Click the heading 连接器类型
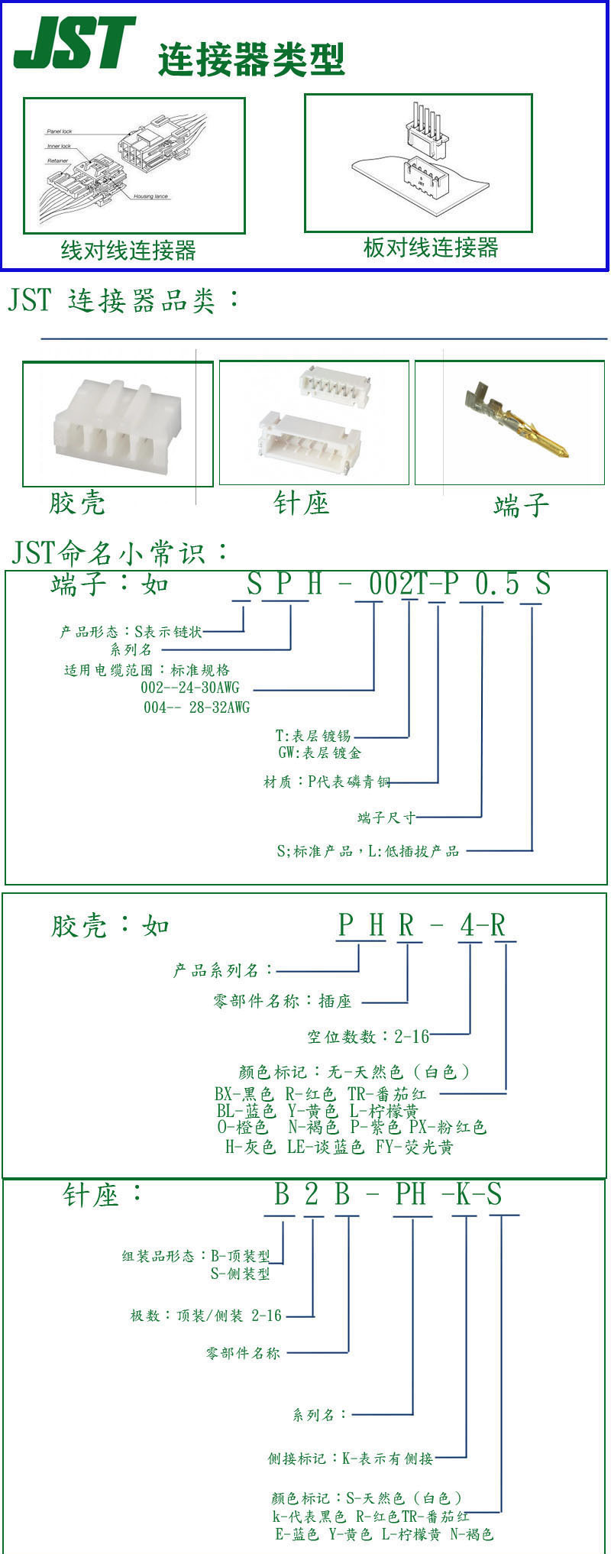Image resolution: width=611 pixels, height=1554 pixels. coord(251,60)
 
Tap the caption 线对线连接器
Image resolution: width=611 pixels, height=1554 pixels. coord(128,250)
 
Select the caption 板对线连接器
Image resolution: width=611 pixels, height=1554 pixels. coord(430,247)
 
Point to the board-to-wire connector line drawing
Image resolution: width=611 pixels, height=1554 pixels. coord(418,162)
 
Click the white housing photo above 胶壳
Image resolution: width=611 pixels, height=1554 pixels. coord(117,424)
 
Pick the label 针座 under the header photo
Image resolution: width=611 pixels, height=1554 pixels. coord(301,503)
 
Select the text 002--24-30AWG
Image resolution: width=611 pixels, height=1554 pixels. coord(189,688)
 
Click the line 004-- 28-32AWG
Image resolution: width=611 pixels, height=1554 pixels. coord(196,707)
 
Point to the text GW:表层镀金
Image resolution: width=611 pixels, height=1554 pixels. coord(319,753)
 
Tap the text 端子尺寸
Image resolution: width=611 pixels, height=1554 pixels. coord(386,817)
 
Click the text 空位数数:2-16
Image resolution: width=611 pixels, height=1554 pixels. coord(368,1036)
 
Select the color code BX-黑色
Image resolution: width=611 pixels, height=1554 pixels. coord(244,1094)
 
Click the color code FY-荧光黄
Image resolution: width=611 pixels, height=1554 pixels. coord(415,1147)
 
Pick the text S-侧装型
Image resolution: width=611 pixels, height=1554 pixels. coord(240,1274)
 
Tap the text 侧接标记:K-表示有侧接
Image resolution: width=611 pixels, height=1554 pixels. coord(350,1458)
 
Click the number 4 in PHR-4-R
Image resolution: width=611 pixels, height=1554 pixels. coord(467,926)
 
